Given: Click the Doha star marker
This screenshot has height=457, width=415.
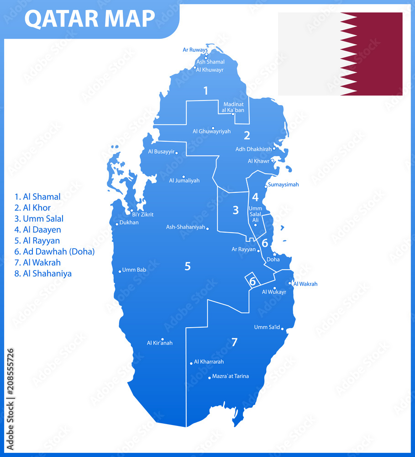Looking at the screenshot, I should (x=274, y=254).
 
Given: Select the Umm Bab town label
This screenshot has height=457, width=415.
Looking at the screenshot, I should (x=134, y=270).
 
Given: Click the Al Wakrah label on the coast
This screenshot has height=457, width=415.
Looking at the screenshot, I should (x=305, y=284).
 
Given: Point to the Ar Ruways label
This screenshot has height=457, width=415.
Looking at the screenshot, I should (x=195, y=50).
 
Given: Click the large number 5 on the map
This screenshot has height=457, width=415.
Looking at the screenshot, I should (x=188, y=266).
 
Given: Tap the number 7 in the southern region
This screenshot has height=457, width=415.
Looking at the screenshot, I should (x=234, y=342).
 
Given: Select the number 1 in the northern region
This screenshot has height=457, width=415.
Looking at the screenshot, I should (x=205, y=90).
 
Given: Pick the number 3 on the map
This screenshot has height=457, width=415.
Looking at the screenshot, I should (x=236, y=210).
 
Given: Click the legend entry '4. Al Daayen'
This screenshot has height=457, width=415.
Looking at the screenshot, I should (x=37, y=230).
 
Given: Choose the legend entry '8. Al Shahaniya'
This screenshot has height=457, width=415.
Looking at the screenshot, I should (x=43, y=274).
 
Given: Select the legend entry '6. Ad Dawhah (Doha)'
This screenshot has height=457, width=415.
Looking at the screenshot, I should (x=54, y=252).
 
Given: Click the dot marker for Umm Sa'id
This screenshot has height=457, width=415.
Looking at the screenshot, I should (x=283, y=328).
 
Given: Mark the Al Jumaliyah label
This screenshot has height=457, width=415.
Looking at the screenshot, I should (x=184, y=181).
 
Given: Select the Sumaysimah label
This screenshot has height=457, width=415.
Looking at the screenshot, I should (x=283, y=185).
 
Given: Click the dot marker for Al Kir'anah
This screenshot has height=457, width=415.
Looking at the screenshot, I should (x=163, y=339).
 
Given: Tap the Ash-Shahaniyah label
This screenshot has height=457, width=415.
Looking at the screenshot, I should (x=185, y=227).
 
